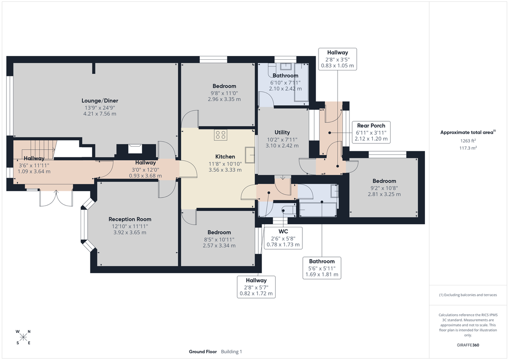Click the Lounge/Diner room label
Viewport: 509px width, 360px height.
pyautogui.click(x=100, y=100)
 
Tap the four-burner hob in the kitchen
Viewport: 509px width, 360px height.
pyautogui.click(x=221, y=135)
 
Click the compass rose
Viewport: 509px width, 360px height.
pyautogui.click(x=23, y=337)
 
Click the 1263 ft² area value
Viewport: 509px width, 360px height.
pyautogui.click(x=469, y=141)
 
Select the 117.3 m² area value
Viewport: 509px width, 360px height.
pyautogui.click(x=469, y=148)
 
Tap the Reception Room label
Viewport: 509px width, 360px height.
pyautogui.click(x=130, y=219)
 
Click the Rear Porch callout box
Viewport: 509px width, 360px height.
pyautogui.click(x=371, y=132)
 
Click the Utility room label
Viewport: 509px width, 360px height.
pyautogui.click(x=282, y=133)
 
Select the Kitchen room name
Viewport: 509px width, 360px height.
pyautogui.click(x=225, y=157)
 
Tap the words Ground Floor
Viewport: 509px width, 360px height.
pyautogui.click(x=203, y=352)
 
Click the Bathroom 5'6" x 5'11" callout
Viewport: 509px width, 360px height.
pyautogui.click(x=322, y=268)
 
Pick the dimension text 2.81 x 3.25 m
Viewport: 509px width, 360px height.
pyautogui.click(x=384, y=194)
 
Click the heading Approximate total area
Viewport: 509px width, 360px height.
pyautogui.click(x=468, y=132)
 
